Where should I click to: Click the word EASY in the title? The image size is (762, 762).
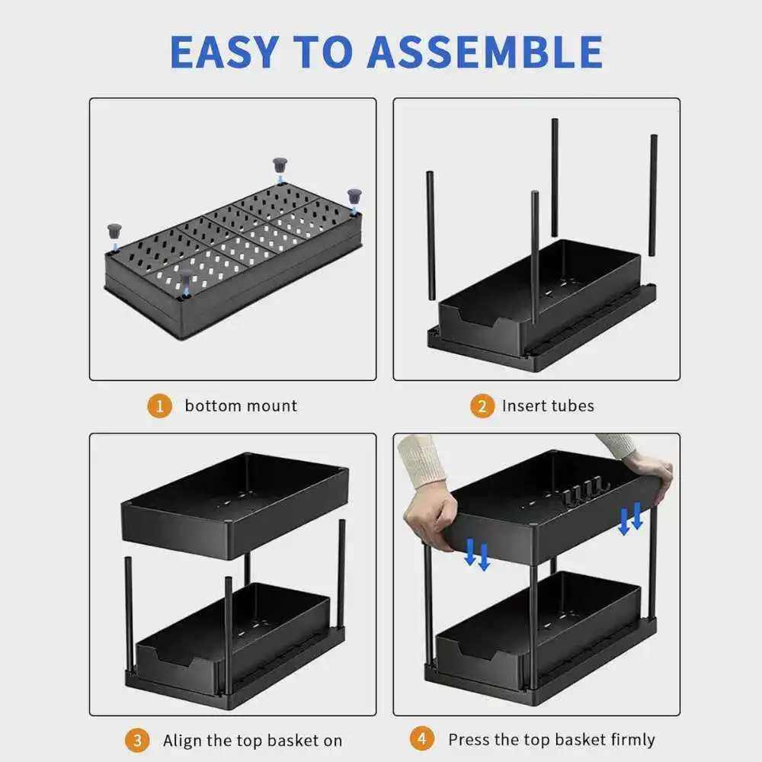[x=225, y=52]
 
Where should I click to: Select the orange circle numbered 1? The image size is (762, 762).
[x=159, y=406]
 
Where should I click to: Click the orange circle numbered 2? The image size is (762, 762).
[x=482, y=406]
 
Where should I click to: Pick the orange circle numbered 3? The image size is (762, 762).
[x=137, y=741]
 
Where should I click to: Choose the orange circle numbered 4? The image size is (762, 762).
[x=422, y=738]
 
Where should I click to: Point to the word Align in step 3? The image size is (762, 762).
[x=183, y=741]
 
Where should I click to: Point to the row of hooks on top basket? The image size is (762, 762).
[x=586, y=491]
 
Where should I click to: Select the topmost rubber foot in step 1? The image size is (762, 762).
[x=280, y=165]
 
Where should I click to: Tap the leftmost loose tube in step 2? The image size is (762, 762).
[x=430, y=235]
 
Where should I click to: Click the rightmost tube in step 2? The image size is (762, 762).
[x=654, y=195]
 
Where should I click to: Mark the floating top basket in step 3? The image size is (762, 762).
[x=235, y=505]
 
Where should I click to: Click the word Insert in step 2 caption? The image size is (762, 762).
[x=517, y=406]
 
